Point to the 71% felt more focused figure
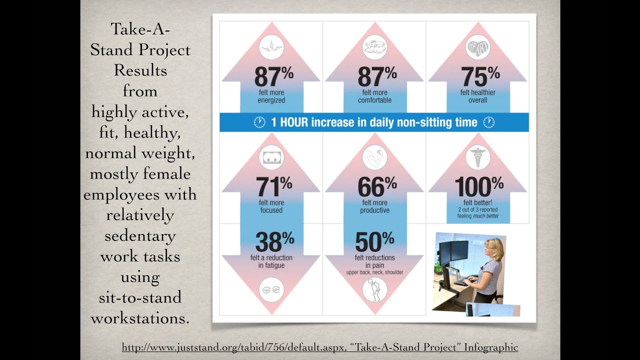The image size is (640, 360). (x=273, y=187)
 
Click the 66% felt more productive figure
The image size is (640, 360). (x=377, y=187)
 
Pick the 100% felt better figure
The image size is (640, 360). (x=479, y=187)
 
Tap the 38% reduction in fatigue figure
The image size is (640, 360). (x=274, y=242)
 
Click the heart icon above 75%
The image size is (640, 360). (x=478, y=48)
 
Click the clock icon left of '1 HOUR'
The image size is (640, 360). (x=259, y=122)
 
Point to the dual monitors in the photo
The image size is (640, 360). (x=453, y=252)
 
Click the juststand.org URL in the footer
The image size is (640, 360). (x=232, y=347)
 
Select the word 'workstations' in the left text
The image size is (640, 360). (x=140, y=318)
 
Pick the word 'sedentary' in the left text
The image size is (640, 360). (x=140, y=235)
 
